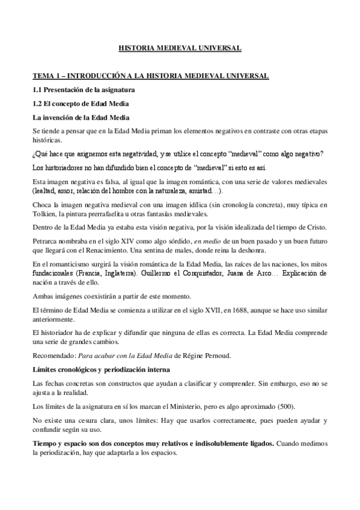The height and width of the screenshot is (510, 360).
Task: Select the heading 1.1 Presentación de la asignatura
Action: tap(84, 90)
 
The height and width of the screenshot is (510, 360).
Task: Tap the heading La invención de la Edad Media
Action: tap(81, 117)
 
